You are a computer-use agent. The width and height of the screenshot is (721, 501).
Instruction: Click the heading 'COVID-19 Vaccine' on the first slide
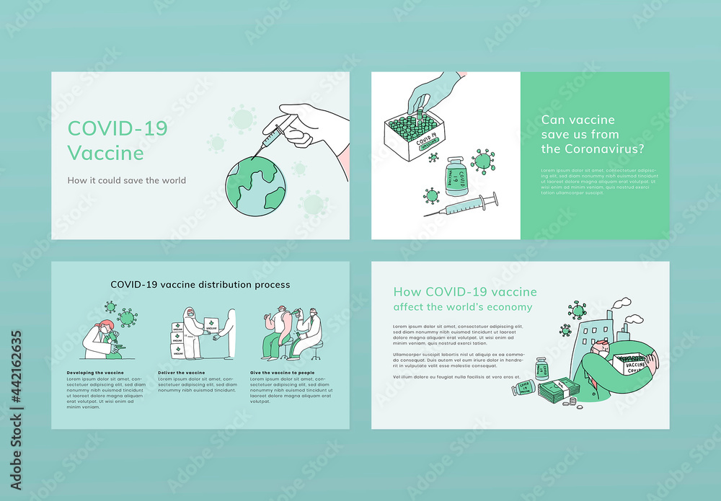click(118, 141)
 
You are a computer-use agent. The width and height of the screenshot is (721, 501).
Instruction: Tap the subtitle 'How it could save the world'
click(126, 180)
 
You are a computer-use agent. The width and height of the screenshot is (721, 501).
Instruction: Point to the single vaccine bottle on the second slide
click(455, 176)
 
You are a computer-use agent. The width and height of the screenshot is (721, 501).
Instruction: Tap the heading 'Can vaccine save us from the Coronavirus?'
click(593, 134)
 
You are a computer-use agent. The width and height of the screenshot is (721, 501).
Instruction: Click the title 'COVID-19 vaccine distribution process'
click(200, 285)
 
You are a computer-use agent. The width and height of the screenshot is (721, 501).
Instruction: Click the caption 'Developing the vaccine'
click(94, 373)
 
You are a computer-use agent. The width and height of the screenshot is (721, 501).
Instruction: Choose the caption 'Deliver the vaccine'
click(182, 373)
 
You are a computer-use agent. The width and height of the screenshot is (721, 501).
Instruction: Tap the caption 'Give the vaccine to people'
click(282, 373)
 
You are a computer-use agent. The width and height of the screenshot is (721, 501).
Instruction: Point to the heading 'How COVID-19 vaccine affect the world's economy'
click(464, 299)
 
